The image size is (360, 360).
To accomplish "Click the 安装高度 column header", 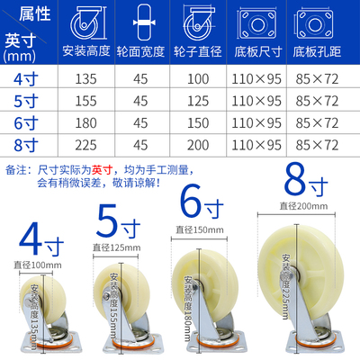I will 87,52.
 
